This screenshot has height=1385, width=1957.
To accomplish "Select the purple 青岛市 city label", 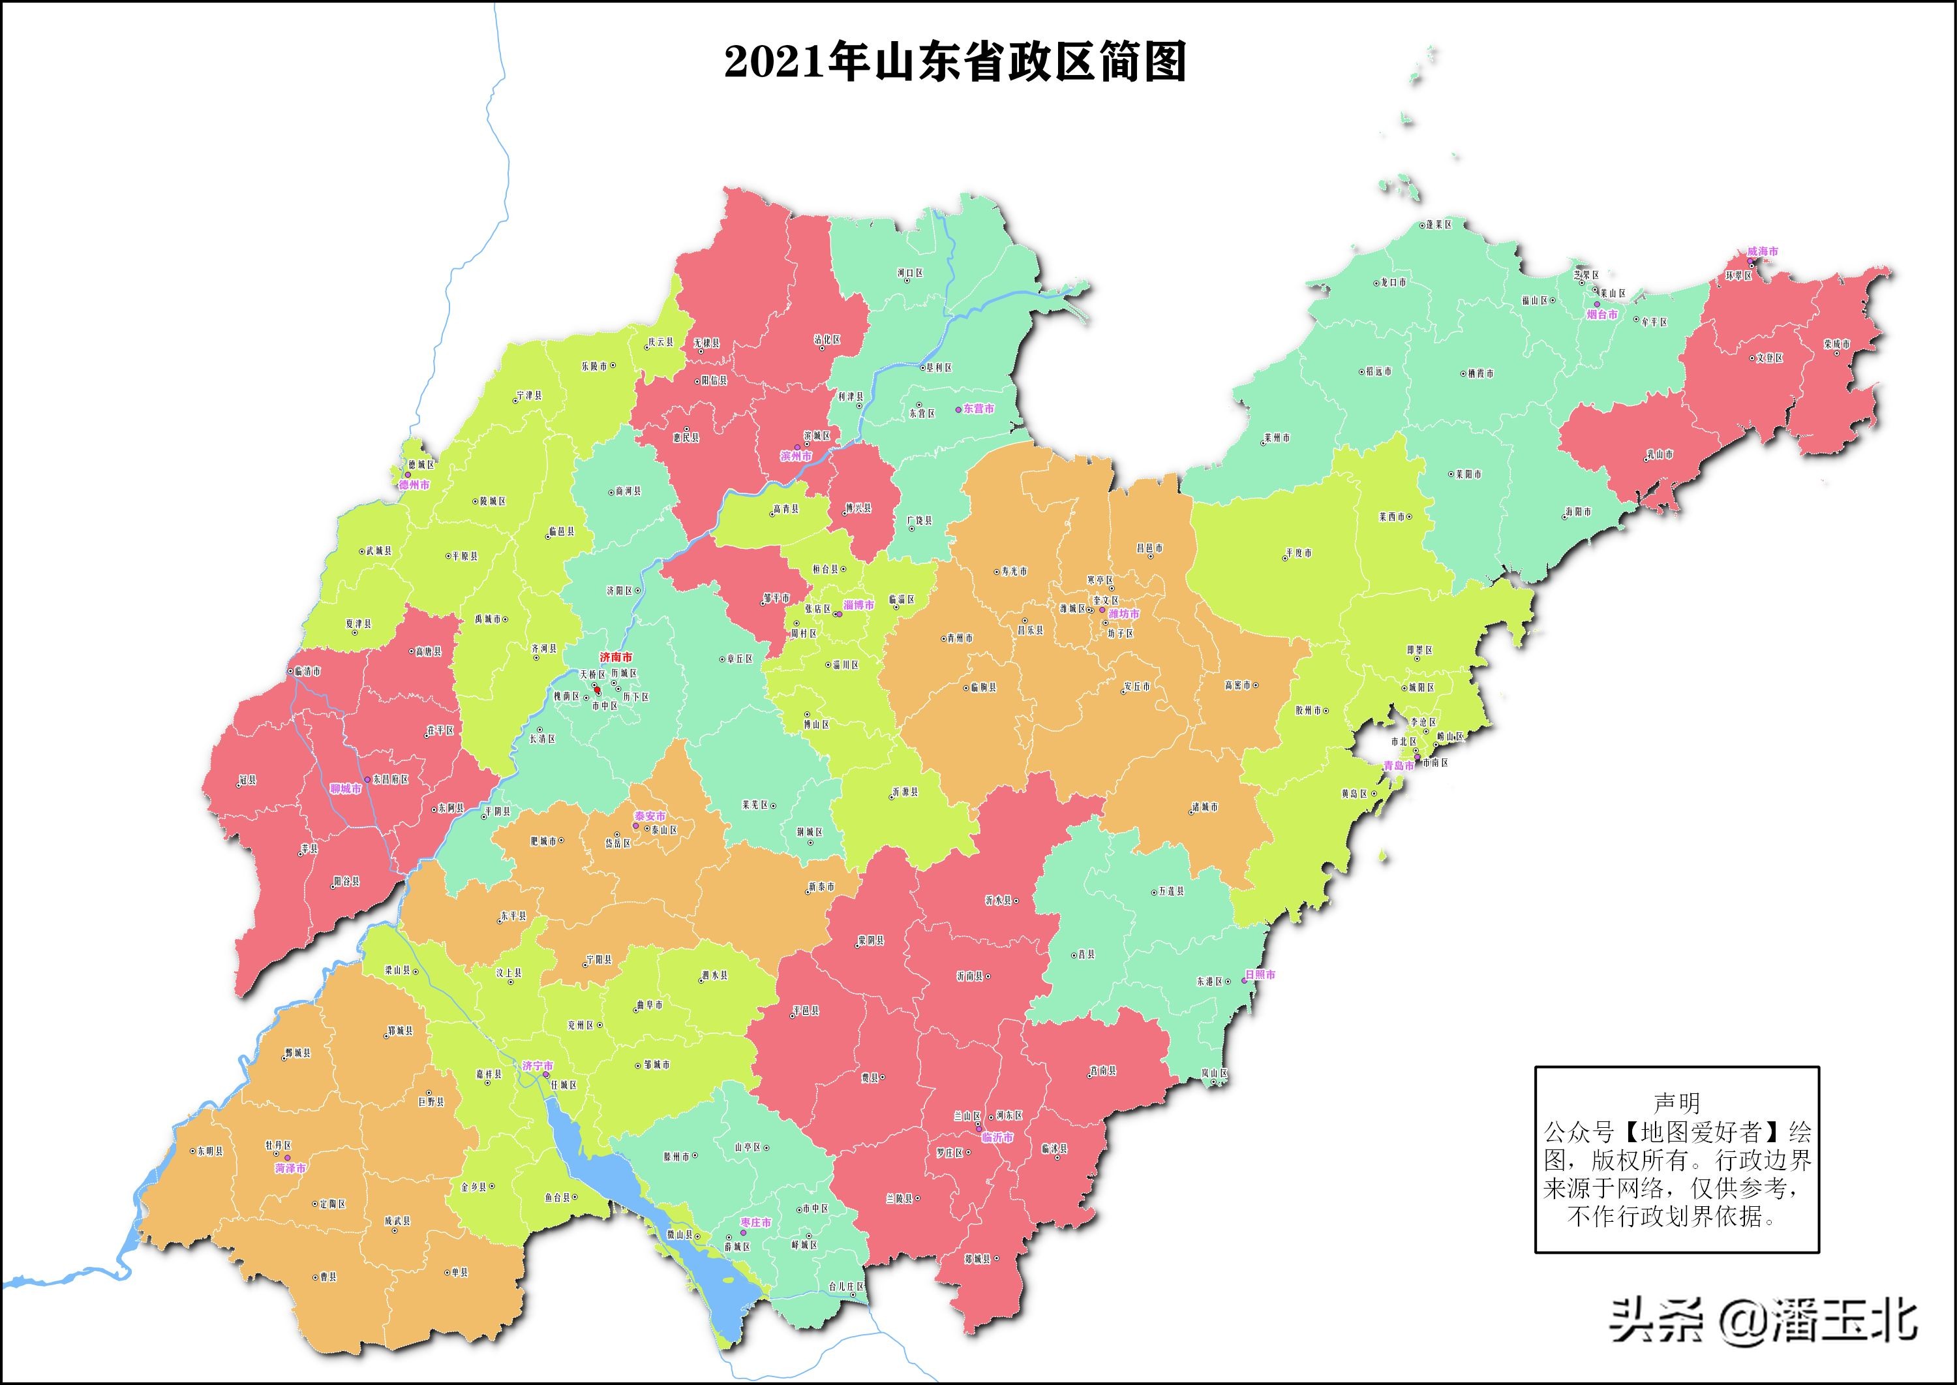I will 1398,766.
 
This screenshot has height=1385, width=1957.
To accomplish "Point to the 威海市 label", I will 1763,251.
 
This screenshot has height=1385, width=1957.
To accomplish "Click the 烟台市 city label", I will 1601,315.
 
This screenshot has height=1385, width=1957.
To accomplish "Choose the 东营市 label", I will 978,409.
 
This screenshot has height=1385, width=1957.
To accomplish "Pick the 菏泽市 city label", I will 291,1168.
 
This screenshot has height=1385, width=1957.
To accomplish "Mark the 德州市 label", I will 414,484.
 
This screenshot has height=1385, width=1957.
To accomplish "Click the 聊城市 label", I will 345,789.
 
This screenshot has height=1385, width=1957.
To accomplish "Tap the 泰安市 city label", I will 650,816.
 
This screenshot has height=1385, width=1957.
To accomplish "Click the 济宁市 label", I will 538,1066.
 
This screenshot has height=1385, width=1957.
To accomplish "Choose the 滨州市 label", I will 796,456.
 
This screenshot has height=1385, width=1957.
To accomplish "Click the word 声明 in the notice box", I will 1676,1104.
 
